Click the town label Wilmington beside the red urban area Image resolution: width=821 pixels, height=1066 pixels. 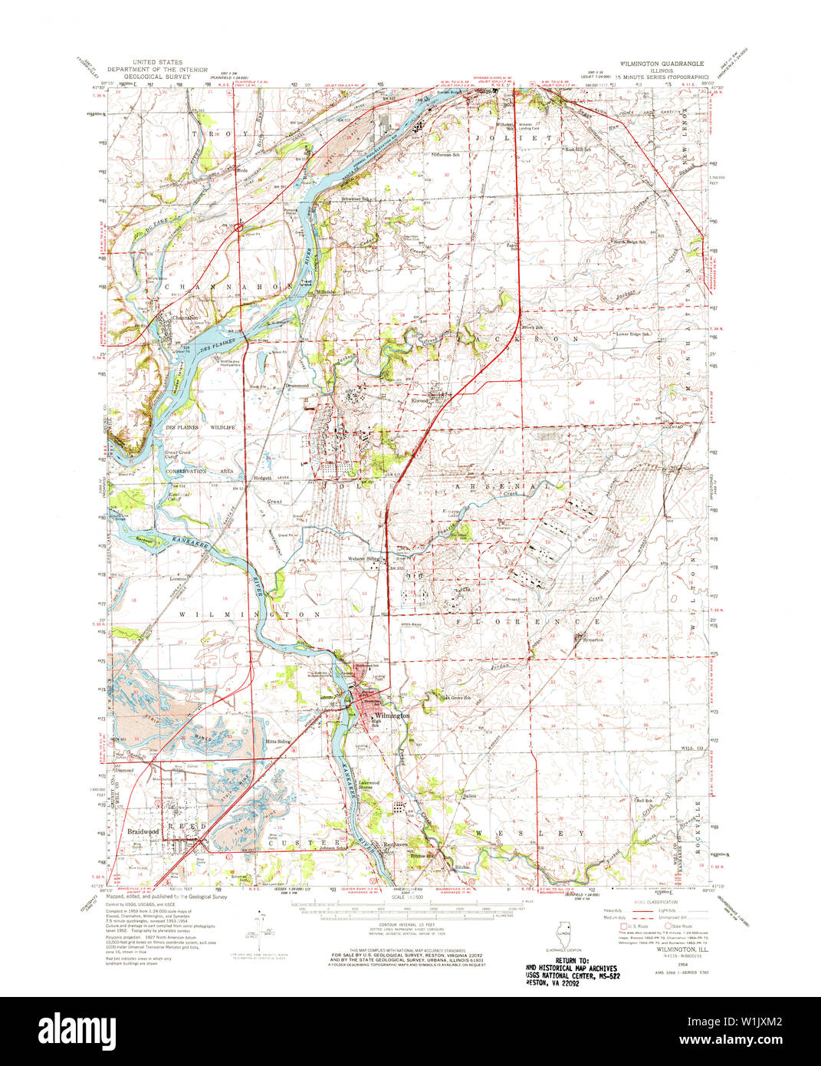click(392, 715)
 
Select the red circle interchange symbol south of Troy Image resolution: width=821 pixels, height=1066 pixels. click(239, 226)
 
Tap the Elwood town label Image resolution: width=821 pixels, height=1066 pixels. click(420, 400)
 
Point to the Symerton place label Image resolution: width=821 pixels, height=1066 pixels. click(592, 639)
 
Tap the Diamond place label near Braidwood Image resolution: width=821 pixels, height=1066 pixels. click(124, 770)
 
